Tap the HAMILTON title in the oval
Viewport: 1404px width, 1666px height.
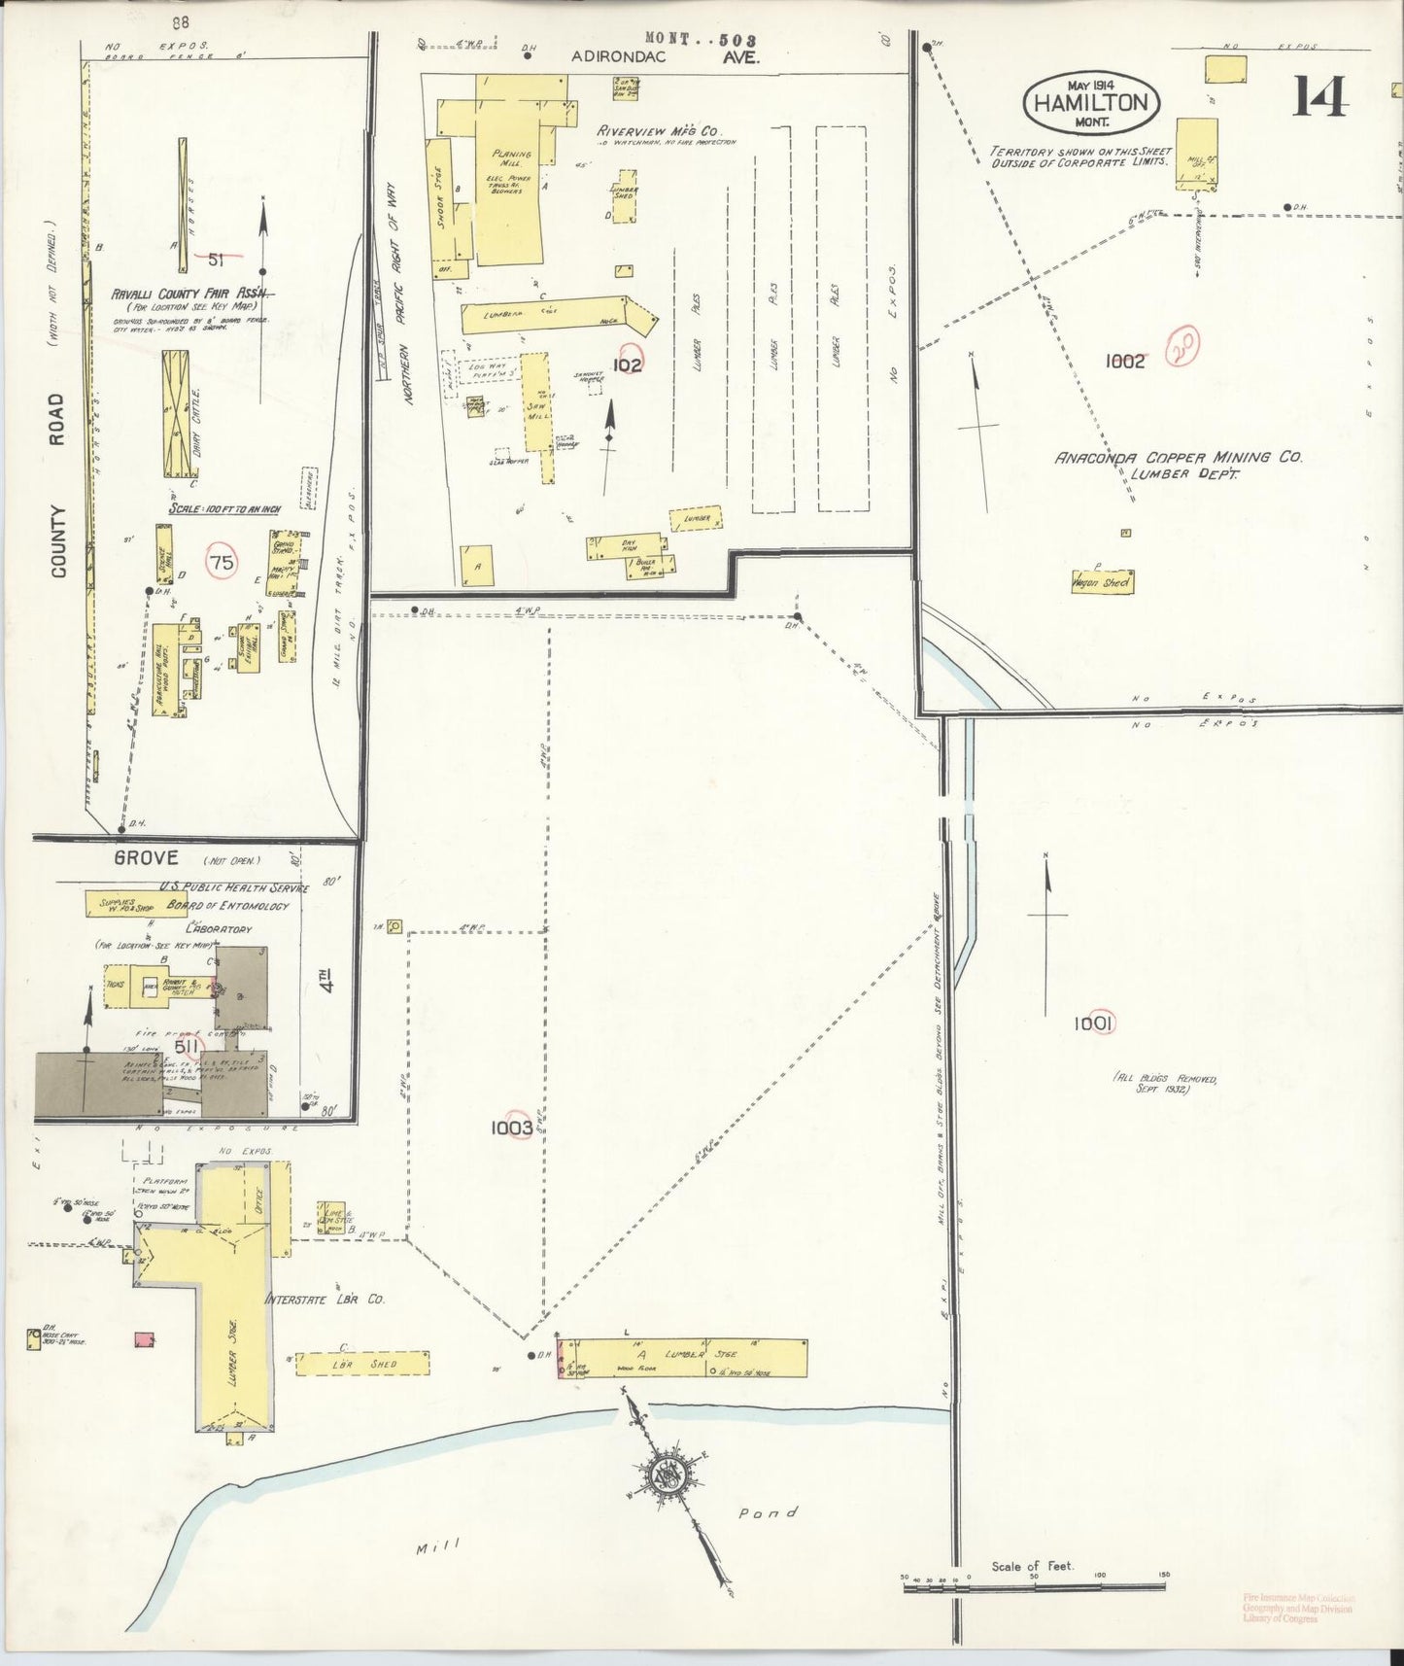coord(1091,103)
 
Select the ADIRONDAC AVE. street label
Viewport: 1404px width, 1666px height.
coord(665,57)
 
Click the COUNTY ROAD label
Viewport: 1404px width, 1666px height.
coord(57,485)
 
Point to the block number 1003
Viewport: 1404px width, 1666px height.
coord(511,1128)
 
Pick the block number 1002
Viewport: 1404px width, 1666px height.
coord(1125,361)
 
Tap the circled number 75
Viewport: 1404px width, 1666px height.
coord(222,562)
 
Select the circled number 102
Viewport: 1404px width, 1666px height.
coord(629,364)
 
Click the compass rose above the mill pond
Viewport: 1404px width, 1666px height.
coord(669,1475)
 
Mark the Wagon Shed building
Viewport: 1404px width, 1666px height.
coord(1102,581)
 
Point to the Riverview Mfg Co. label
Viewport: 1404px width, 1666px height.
coord(644,129)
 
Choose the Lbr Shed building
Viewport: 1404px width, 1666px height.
coord(361,1363)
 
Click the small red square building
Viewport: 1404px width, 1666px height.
coord(144,1340)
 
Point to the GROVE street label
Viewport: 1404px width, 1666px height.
coord(146,857)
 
